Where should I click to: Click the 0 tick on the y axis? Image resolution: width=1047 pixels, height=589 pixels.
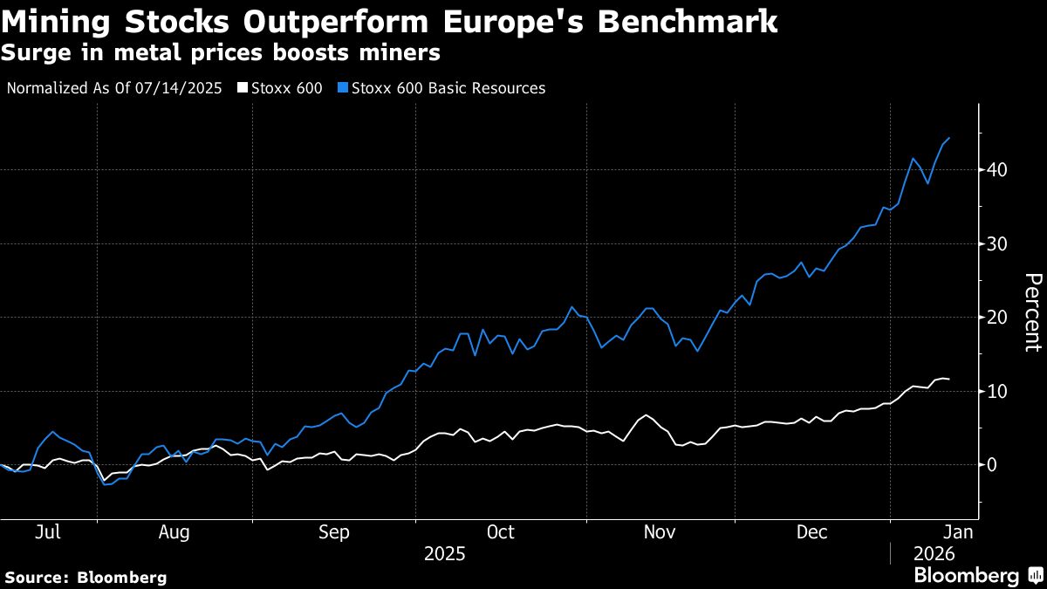click(992, 465)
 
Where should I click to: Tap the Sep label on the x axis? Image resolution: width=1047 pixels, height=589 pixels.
click(334, 532)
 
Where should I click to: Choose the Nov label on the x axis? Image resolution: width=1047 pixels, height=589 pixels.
click(660, 532)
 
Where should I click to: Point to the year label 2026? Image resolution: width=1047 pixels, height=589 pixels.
click(934, 554)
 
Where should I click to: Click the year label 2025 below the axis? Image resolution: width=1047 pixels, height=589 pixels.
click(444, 554)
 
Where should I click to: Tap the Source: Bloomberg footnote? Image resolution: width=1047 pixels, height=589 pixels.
click(86, 577)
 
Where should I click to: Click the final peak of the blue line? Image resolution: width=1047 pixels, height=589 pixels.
click(949, 138)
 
